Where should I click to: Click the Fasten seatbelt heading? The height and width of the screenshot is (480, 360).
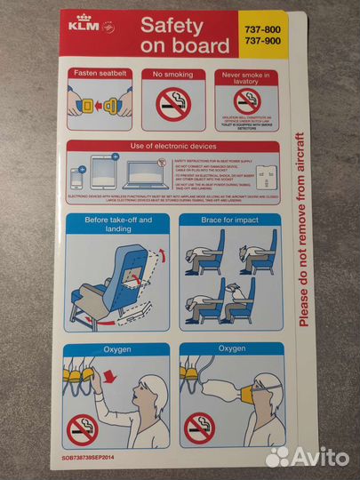point(103,74)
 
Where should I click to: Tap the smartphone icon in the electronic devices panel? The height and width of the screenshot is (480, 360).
point(77,180)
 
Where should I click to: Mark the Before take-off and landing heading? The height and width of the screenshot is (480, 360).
point(118,223)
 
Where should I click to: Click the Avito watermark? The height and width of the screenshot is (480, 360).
point(307,456)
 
